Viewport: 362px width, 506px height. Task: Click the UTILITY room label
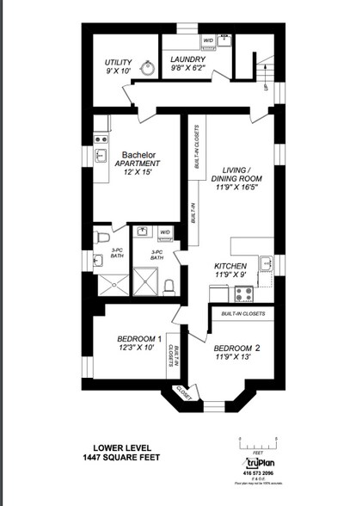(118, 63)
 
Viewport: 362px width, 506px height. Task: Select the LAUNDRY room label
(187, 59)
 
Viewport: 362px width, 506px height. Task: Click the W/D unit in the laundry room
(208, 40)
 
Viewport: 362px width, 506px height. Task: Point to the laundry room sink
(224, 40)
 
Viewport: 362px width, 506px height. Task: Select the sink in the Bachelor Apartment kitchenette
(101, 156)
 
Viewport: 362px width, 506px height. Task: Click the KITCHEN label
(230, 267)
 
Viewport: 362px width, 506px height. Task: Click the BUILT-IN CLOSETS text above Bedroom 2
(242, 314)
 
